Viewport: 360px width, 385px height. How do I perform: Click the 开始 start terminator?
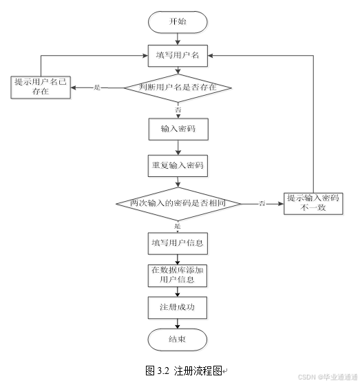click(178, 21)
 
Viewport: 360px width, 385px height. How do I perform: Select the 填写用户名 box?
click(178, 55)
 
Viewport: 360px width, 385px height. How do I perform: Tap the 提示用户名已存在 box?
click(41, 87)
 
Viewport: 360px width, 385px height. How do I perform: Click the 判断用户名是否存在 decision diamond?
click(178, 87)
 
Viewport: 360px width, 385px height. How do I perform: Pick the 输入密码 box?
click(178, 128)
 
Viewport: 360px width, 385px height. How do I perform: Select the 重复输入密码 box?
click(178, 166)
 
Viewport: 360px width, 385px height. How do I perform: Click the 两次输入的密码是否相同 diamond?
click(178, 204)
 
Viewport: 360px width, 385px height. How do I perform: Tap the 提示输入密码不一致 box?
click(315, 203)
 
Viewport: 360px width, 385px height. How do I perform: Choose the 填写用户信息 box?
click(178, 244)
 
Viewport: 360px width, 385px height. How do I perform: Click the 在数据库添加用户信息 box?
click(178, 275)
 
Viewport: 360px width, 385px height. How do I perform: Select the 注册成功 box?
click(178, 307)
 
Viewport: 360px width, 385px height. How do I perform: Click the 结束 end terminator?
click(178, 339)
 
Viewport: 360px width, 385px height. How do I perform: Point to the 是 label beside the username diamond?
click(97, 87)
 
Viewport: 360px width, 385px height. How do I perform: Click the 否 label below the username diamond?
click(178, 110)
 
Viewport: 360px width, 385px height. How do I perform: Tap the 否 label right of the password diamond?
click(262, 204)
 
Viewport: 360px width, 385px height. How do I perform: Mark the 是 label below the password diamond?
click(178, 226)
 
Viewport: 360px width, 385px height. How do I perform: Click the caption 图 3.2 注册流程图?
click(184, 371)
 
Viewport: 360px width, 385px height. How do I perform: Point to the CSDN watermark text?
click(327, 377)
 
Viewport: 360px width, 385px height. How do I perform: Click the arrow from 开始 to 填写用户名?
click(178, 38)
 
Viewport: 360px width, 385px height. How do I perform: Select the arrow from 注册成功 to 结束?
click(178, 323)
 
